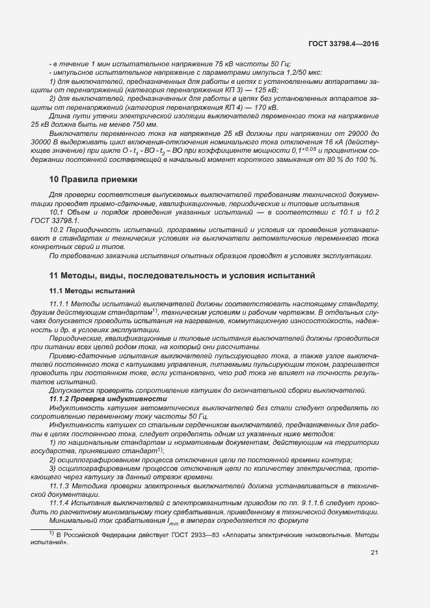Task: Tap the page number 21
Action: point(374,553)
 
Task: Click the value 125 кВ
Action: point(263,90)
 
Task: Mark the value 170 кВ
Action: point(263,107)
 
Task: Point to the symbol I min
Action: point(171,520)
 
